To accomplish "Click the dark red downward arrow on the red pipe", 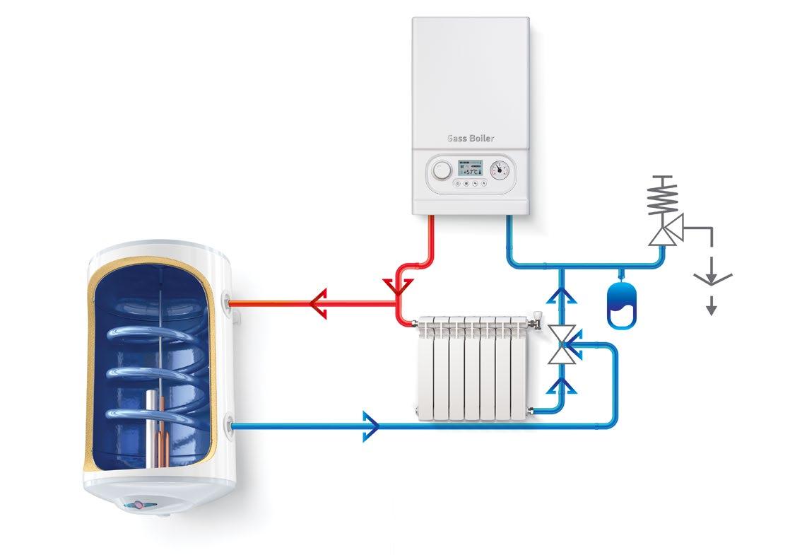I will (x=399, y=286).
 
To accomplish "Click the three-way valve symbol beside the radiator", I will (x=563, y=344).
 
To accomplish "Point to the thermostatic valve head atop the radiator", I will (x=539, y=318).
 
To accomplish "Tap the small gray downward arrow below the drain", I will (x=712, y=305).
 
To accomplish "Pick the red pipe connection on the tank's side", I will (x=229, y=303).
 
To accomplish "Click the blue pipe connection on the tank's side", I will (x=229, y=426).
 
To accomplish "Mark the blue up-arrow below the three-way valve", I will (x=563, y=385).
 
